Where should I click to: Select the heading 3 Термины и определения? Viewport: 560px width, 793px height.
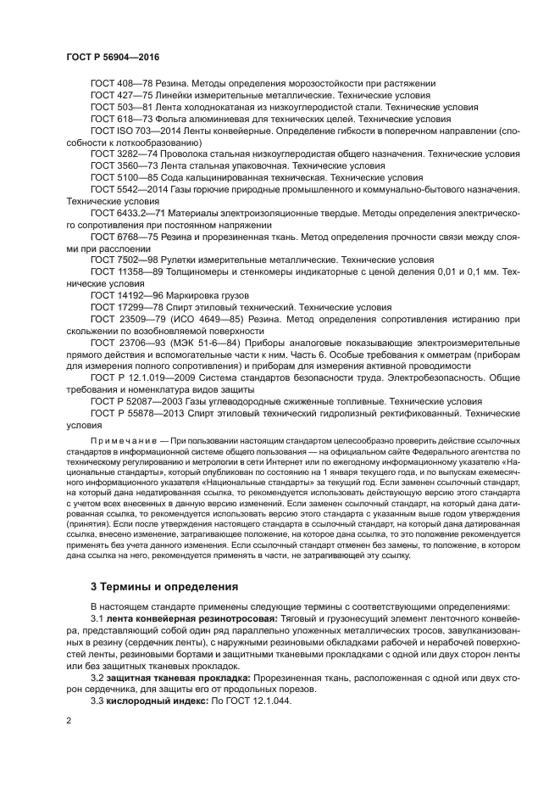coord(165,586)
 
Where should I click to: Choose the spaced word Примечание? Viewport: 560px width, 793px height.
coord(123,443)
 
